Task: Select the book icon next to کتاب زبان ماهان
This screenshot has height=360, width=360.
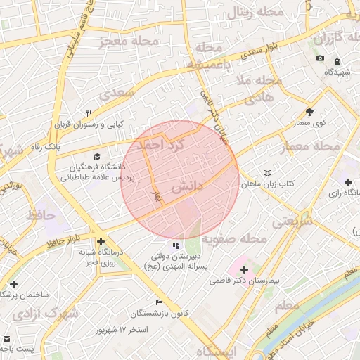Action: [x=266, y=173]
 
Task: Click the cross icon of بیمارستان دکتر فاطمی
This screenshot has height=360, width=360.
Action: [x=244, y=269]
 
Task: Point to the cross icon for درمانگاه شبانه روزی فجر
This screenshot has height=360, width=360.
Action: [x=101, y=240]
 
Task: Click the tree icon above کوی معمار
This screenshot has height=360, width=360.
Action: [x=309, y=111]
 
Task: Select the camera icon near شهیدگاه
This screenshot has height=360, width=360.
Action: [x=321, y=58]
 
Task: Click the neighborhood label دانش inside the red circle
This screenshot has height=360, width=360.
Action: [x=186, y=186]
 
